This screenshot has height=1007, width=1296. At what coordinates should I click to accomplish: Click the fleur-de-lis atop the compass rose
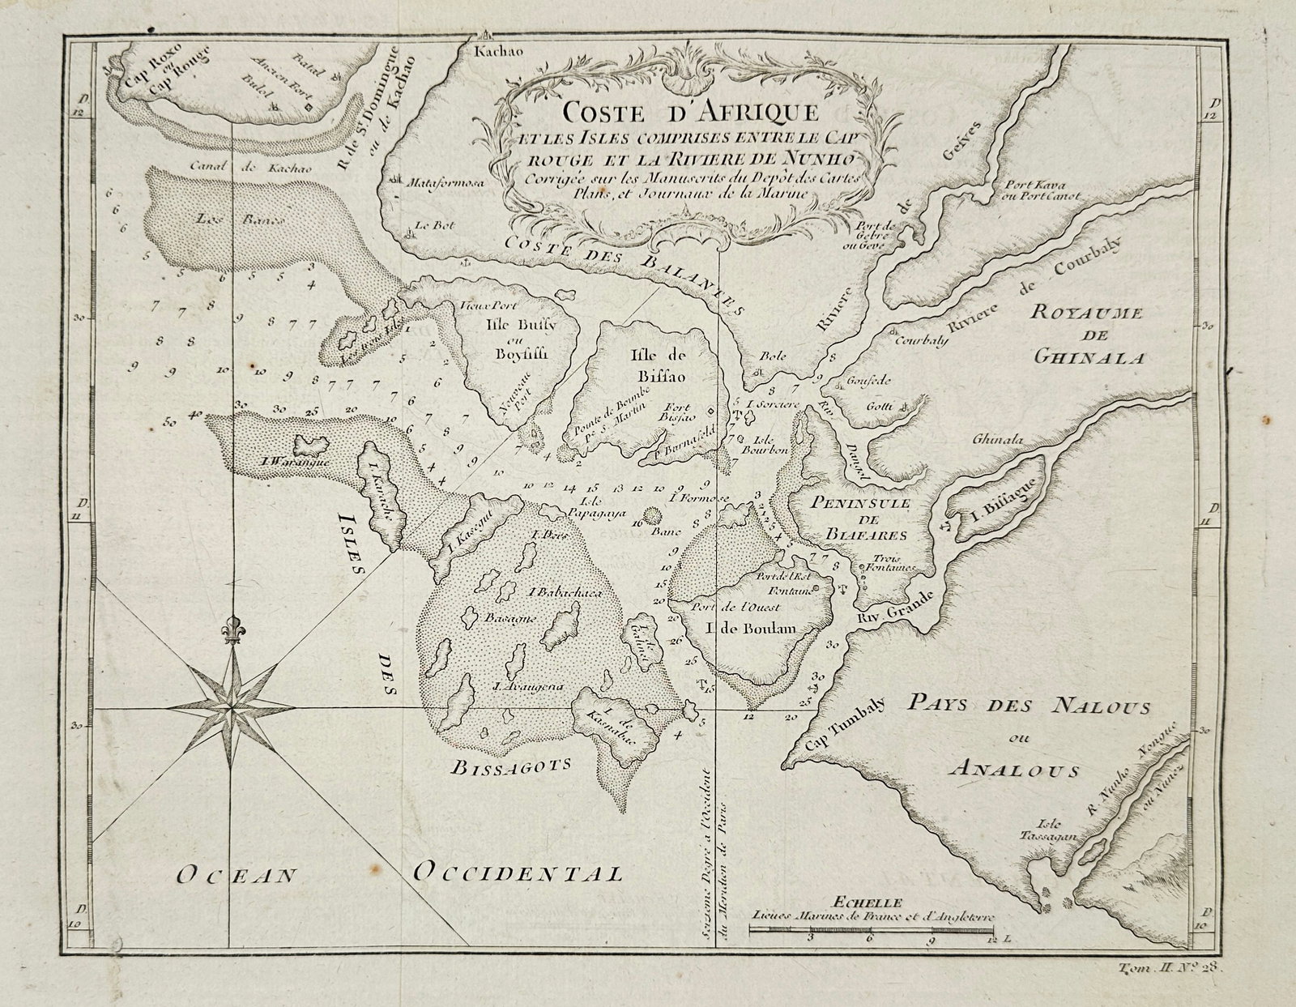(233, 633)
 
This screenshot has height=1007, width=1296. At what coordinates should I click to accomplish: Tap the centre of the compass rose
(233, 706)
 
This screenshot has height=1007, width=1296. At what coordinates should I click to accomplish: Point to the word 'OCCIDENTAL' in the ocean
(518, 873)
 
